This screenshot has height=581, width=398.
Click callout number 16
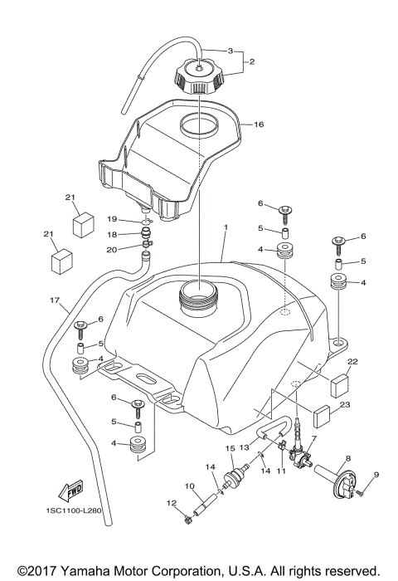tap(259, 125)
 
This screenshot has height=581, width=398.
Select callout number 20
tap(111, 248)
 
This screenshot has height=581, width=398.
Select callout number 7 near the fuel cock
tap(314, 437)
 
